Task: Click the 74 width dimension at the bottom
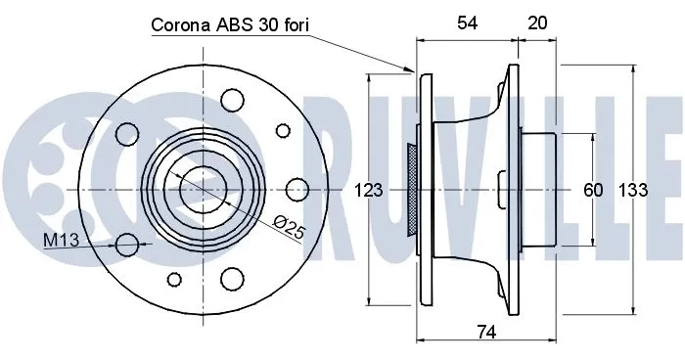coord(485,334)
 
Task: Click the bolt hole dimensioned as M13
coord(127,244)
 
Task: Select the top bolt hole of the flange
coord(232,98)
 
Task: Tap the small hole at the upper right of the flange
coord(283,129)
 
